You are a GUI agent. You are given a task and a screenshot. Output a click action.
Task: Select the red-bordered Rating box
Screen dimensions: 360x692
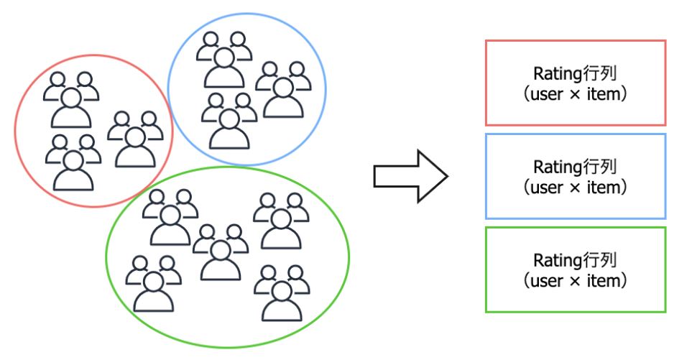[576, 82]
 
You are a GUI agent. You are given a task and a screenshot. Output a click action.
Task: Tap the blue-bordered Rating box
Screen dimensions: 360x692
[576, 176]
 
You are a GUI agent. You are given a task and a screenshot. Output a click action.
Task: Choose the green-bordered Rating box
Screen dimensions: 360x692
[576, 269]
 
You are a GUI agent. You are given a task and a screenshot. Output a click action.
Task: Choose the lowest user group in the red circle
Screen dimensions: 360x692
[71, 162]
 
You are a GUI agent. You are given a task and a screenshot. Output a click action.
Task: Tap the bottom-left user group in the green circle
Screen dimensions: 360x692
[153, 283]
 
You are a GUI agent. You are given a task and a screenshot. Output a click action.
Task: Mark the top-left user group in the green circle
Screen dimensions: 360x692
[170, 217]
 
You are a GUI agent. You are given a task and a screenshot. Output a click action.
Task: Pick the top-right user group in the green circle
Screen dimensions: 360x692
[281, 220]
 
